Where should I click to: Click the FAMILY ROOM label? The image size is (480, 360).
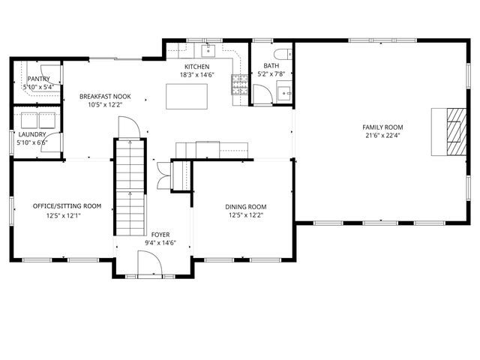pos(382,127)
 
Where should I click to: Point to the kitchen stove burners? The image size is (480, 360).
pos(239,84)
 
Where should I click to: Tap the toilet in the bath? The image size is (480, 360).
pos(280,53)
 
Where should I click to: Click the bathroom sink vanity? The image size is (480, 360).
pos(283,92)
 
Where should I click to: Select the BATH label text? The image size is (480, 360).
pos(271,66)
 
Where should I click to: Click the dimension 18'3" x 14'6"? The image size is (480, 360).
pos(196,75)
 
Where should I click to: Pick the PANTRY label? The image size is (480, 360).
pos(38,79)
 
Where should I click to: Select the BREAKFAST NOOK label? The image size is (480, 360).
pos(106,97)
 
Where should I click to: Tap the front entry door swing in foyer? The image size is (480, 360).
pos(150,264)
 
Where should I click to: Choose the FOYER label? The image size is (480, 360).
pos(160,235)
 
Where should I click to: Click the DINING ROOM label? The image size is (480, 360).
pos(246,207)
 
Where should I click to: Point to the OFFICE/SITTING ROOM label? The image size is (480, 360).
pos(67,205)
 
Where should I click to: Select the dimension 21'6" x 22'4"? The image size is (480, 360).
pos(382,136)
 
